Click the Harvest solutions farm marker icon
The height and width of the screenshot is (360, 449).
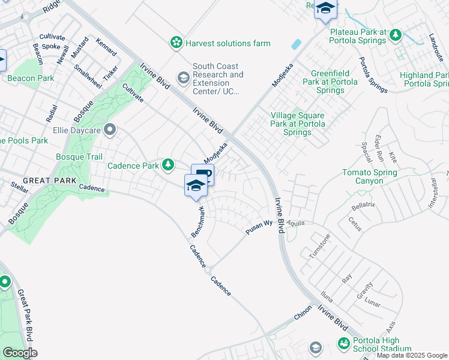(176, 43)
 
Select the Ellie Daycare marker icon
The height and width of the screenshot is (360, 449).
(109, 130)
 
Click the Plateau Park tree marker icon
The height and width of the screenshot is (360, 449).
(396, 35)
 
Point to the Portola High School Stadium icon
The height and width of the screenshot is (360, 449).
(343, 344)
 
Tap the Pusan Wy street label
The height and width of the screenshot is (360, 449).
(259, 227)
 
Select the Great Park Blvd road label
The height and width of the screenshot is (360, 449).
(25, 316)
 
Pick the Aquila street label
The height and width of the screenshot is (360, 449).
(297, 223)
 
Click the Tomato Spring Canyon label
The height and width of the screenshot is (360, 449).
(370, 177)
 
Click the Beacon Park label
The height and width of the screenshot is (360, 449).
(30, 79)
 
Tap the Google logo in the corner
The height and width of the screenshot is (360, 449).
(19, 352)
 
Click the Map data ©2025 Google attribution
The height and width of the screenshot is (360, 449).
(412, 355)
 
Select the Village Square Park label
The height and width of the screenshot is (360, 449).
(297, 124)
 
